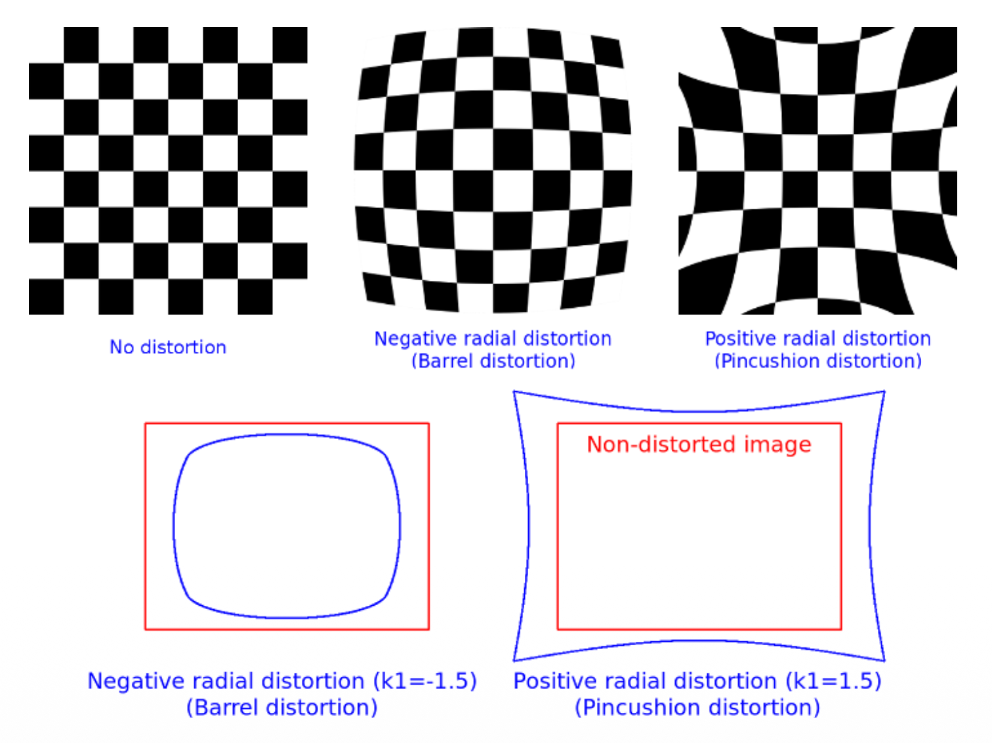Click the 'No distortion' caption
pos(168,347)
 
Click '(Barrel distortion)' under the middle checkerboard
pos(493,361)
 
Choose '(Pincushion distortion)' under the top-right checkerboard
pos(818,361)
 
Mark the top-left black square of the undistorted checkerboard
pos(81,45)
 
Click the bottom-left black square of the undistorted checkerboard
pos(46,297)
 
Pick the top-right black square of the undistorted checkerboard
pos(290,45)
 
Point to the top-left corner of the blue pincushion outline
pos(514,393)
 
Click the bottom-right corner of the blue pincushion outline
pos(884,660)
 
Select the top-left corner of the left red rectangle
pos(146,424)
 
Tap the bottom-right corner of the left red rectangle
pos(428,629)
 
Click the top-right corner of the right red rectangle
pos(840,424)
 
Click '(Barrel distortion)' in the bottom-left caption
pos(282,708)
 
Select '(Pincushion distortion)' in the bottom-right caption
pos(697,708)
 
